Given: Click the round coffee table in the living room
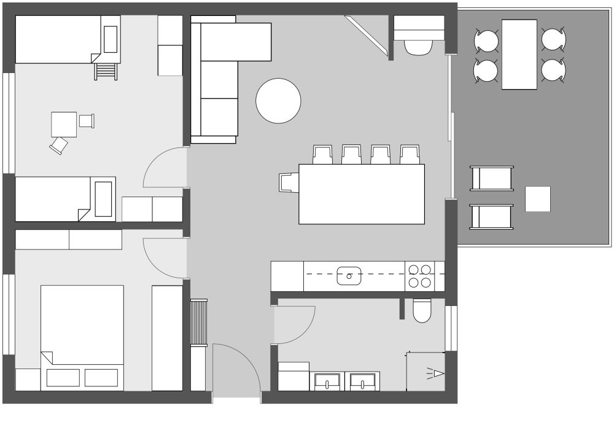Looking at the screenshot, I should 278,101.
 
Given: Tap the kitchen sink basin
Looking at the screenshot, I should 349,276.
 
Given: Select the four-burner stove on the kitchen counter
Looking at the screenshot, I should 419,276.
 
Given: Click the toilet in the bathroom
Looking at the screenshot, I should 422,311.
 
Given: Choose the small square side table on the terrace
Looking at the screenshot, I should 538,199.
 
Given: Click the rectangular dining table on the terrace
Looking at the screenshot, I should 519,54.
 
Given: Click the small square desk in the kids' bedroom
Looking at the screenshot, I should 64,124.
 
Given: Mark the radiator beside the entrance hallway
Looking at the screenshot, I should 200,323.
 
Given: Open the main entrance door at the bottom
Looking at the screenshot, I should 236,369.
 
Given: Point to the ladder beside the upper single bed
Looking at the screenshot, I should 106,71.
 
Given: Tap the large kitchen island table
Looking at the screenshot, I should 362,194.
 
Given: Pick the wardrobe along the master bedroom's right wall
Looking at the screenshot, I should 167,338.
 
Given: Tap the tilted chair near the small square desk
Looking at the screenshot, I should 59,146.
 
